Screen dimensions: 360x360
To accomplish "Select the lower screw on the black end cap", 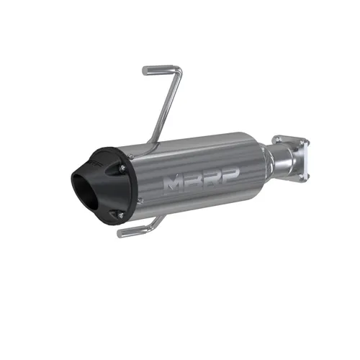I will point(122,214).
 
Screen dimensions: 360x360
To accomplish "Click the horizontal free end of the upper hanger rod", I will point(153,70).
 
